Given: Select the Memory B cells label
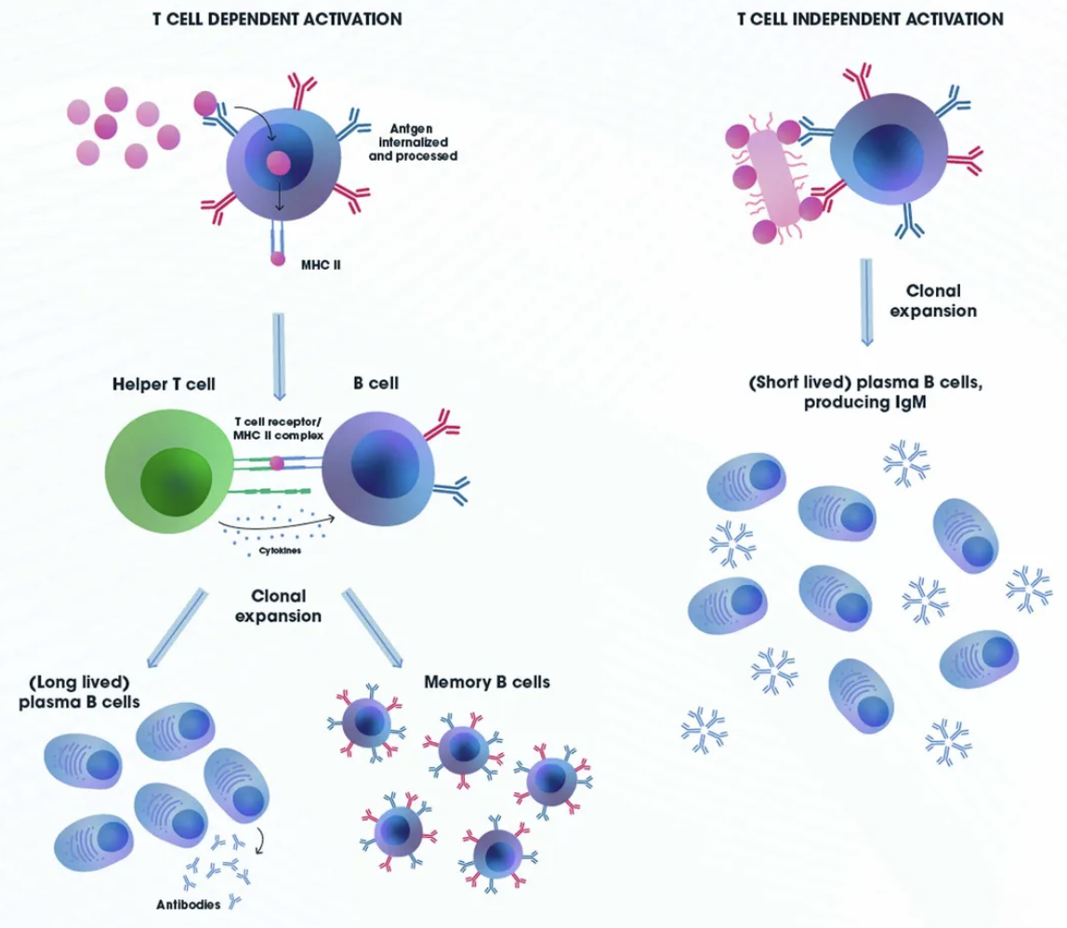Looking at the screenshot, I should [x=487, y=682].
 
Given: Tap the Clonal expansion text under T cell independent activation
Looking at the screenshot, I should [x=932, y=300].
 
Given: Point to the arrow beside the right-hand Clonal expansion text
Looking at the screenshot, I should [x=866, y=301].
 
